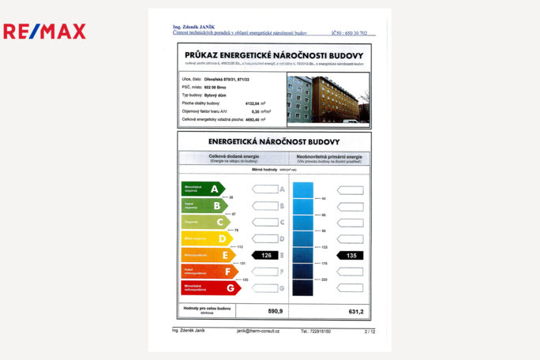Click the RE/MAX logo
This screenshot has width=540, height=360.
click(44, 32)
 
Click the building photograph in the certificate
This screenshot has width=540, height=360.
click(328, 99)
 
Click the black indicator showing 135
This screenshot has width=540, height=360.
click(351, 255)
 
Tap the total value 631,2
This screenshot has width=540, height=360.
click(356, 312)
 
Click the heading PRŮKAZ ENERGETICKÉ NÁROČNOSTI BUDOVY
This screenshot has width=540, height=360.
click(274, 55)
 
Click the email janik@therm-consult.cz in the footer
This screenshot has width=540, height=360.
click(258, 332)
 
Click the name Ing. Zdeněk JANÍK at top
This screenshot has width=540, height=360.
click(194, 27)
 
